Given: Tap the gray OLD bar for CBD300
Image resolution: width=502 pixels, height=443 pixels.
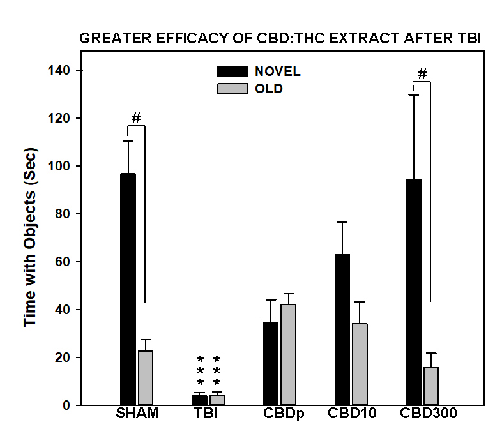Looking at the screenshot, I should tap(431, 386).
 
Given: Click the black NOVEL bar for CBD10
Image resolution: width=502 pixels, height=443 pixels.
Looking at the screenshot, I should tap(342, 329).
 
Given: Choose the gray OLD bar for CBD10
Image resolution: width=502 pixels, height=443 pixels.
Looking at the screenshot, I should tap(360, 364).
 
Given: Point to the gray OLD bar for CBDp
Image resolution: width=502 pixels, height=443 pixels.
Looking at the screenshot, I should tap(289, 354).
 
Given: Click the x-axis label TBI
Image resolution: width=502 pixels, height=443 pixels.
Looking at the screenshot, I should tap(206, 414).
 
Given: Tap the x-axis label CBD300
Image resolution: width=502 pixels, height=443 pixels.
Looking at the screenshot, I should tap(428, 414).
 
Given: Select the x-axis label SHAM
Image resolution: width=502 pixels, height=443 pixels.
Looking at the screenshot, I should tap(137, 414).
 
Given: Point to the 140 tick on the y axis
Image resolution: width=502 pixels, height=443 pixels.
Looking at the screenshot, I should tap(76, 70).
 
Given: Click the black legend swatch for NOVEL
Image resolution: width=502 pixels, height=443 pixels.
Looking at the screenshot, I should tap(232, 71).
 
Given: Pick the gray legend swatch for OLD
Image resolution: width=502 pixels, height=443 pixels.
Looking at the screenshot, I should tap(232, 89).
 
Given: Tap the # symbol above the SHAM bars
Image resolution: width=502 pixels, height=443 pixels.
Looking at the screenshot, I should tap(136, 118).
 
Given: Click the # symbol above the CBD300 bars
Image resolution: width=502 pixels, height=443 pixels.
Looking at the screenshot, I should tap(422, 74).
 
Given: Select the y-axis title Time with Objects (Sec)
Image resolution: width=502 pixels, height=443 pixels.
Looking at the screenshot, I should tap(31, 237).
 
